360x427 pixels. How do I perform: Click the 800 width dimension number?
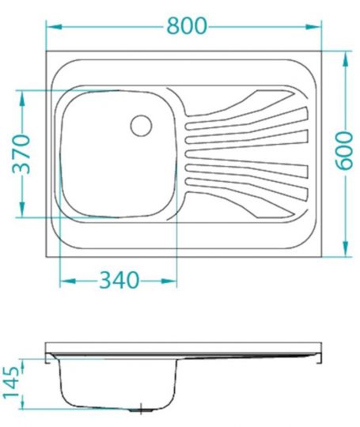pyautogui.click(x=186, y=25)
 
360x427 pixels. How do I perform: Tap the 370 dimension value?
pyautogui.click(x=21, y=153)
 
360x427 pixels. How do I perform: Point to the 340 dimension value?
pyautogui.click(x=119, y=280)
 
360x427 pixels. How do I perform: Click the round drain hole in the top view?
pyautogui.click(x=141, y=123)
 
